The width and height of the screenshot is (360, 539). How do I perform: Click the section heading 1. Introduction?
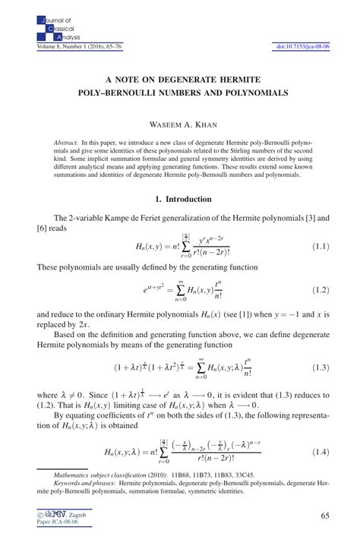[x=179, y=200]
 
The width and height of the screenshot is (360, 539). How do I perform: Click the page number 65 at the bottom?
[x=325, y=516]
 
